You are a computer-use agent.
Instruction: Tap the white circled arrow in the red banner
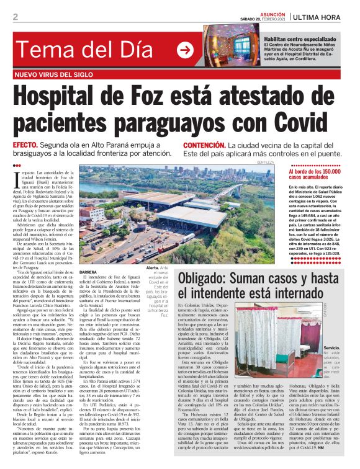tap(185, 51)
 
